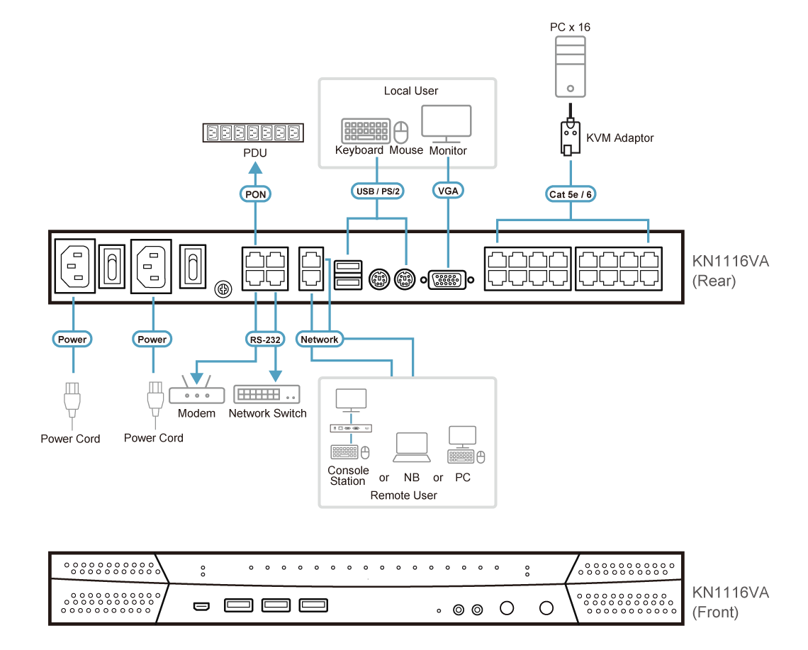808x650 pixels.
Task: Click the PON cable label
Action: pyautogui.click(x=255, y=194)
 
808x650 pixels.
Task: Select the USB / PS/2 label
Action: pyautogui.click(x=377, y=191)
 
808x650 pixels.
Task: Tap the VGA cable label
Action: pyautogui.click(x=447, y=191)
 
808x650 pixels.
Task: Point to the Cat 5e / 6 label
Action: pyautogui.click(x=571, y=194)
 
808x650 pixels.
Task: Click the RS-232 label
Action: pyautogui.click(x=265, y=340)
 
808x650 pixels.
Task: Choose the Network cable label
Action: pyautogui.click(x=320, y=340)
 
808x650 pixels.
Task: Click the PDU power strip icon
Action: pyautogui.click(x=252, y=133)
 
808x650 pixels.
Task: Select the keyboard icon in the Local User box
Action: pyautogui.click(x=365, y=131)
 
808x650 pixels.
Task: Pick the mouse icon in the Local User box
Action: pyautogui.click(x=403, y=132)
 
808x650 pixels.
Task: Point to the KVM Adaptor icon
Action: pyautogui.click(x=571, y=138)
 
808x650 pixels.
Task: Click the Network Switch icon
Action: pyautogui.click(x=266, y=394)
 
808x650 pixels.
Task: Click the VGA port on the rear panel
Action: pyautogui.click(x=446, y=279)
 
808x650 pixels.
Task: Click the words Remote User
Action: pyautogui.click(x=403, y=495)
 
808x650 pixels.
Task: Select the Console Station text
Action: pyautogui.click(x=348, y=476)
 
